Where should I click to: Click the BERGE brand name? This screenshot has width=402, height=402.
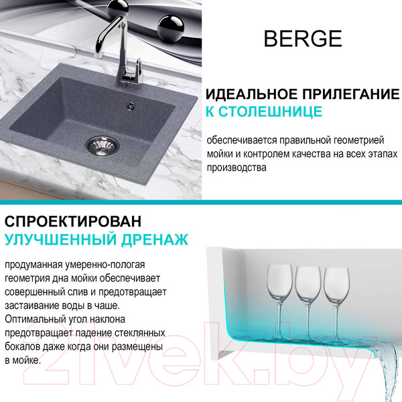(x=303, y=38)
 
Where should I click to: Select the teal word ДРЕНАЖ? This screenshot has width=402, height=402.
(x=155, y=239)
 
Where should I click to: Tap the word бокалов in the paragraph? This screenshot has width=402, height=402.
(x=22, y=346)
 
